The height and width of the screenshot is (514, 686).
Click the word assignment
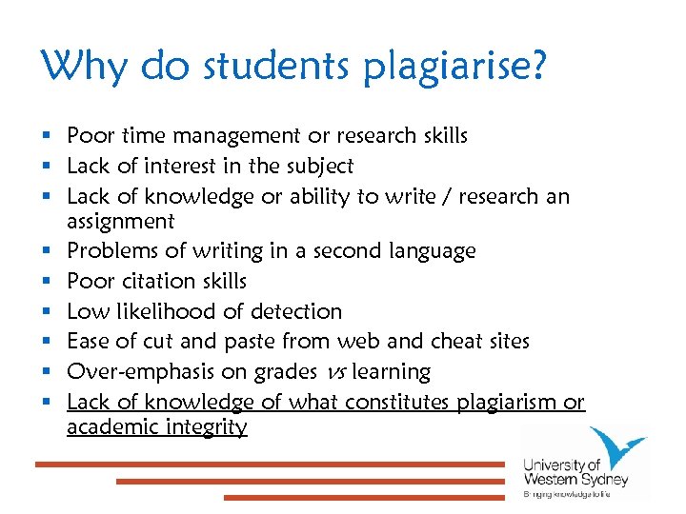(120, 222)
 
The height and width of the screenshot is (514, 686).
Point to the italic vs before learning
(334, 372)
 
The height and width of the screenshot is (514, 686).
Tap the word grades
(284, 372)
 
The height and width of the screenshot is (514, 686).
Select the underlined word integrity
(206, 427)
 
